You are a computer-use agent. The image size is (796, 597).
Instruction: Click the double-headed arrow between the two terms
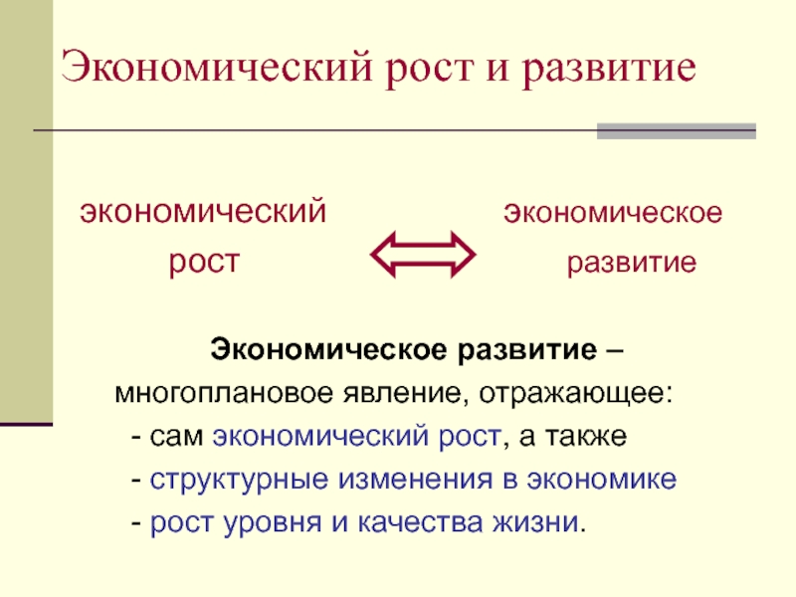point(424,254)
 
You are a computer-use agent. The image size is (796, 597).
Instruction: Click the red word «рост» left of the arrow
point(203,264)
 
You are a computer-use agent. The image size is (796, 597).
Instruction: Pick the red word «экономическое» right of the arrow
point(612,212)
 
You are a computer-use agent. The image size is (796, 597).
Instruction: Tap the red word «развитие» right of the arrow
point(631,264)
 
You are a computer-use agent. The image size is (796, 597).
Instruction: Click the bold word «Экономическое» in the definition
point(330,351)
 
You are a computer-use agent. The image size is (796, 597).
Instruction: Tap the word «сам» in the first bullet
point(179,437)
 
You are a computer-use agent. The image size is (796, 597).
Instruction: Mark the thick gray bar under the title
point(676,130)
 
